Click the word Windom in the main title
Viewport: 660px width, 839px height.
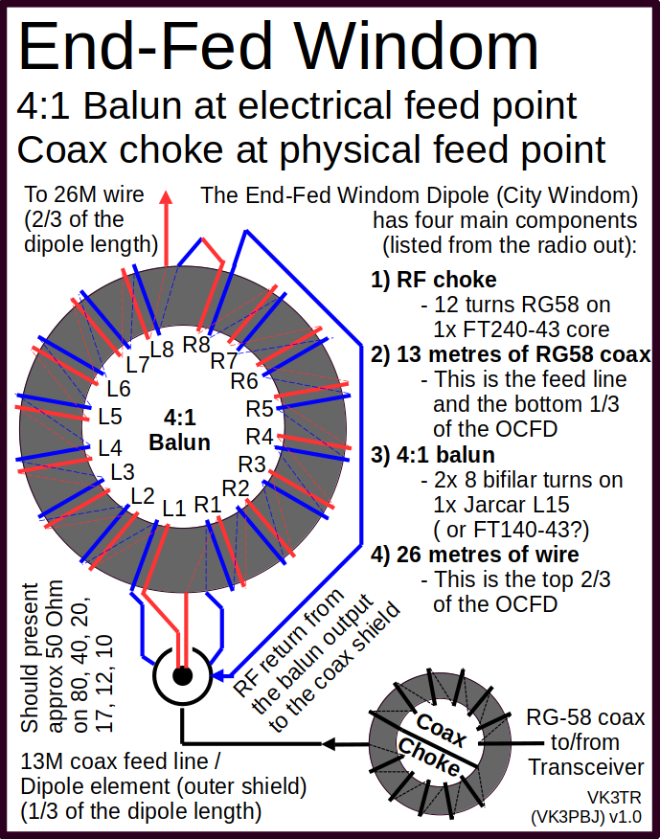417,46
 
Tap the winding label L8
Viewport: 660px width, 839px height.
162,350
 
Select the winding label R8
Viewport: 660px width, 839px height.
196,345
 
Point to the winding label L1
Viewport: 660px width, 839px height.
174,509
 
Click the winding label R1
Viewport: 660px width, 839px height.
208,504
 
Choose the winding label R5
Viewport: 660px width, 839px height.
260,409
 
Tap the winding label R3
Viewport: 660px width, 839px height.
252,464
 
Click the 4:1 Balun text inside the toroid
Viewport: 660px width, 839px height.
179,430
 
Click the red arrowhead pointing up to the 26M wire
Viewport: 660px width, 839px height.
167,197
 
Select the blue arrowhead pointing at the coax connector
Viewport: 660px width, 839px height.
219,676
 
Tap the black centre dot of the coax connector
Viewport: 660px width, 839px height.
183,676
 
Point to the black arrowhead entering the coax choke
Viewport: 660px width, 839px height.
330,744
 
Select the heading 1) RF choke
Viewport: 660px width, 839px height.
434,280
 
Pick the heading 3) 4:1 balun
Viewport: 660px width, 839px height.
433,455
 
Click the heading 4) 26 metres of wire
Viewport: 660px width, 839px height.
475,555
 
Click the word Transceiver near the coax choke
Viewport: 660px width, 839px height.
586,767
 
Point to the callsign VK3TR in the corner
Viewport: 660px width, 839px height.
614,798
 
